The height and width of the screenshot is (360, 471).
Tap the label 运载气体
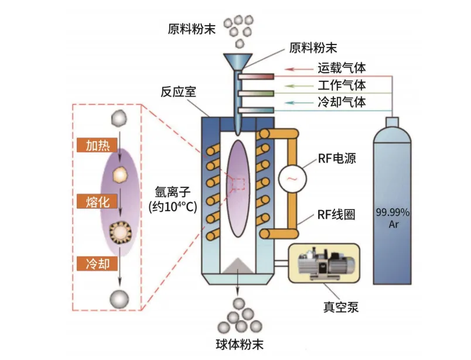tap(342, 69)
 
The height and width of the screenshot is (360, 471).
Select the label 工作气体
tap(342, 85)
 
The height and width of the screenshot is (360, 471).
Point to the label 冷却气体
tap(342, 102)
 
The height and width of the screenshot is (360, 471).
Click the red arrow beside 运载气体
tap(302, 70)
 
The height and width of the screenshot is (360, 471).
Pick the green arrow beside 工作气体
tap(302, 86)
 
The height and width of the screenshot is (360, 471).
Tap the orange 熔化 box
tap(98, 202)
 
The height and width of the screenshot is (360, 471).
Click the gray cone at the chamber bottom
tap(238, 266)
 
